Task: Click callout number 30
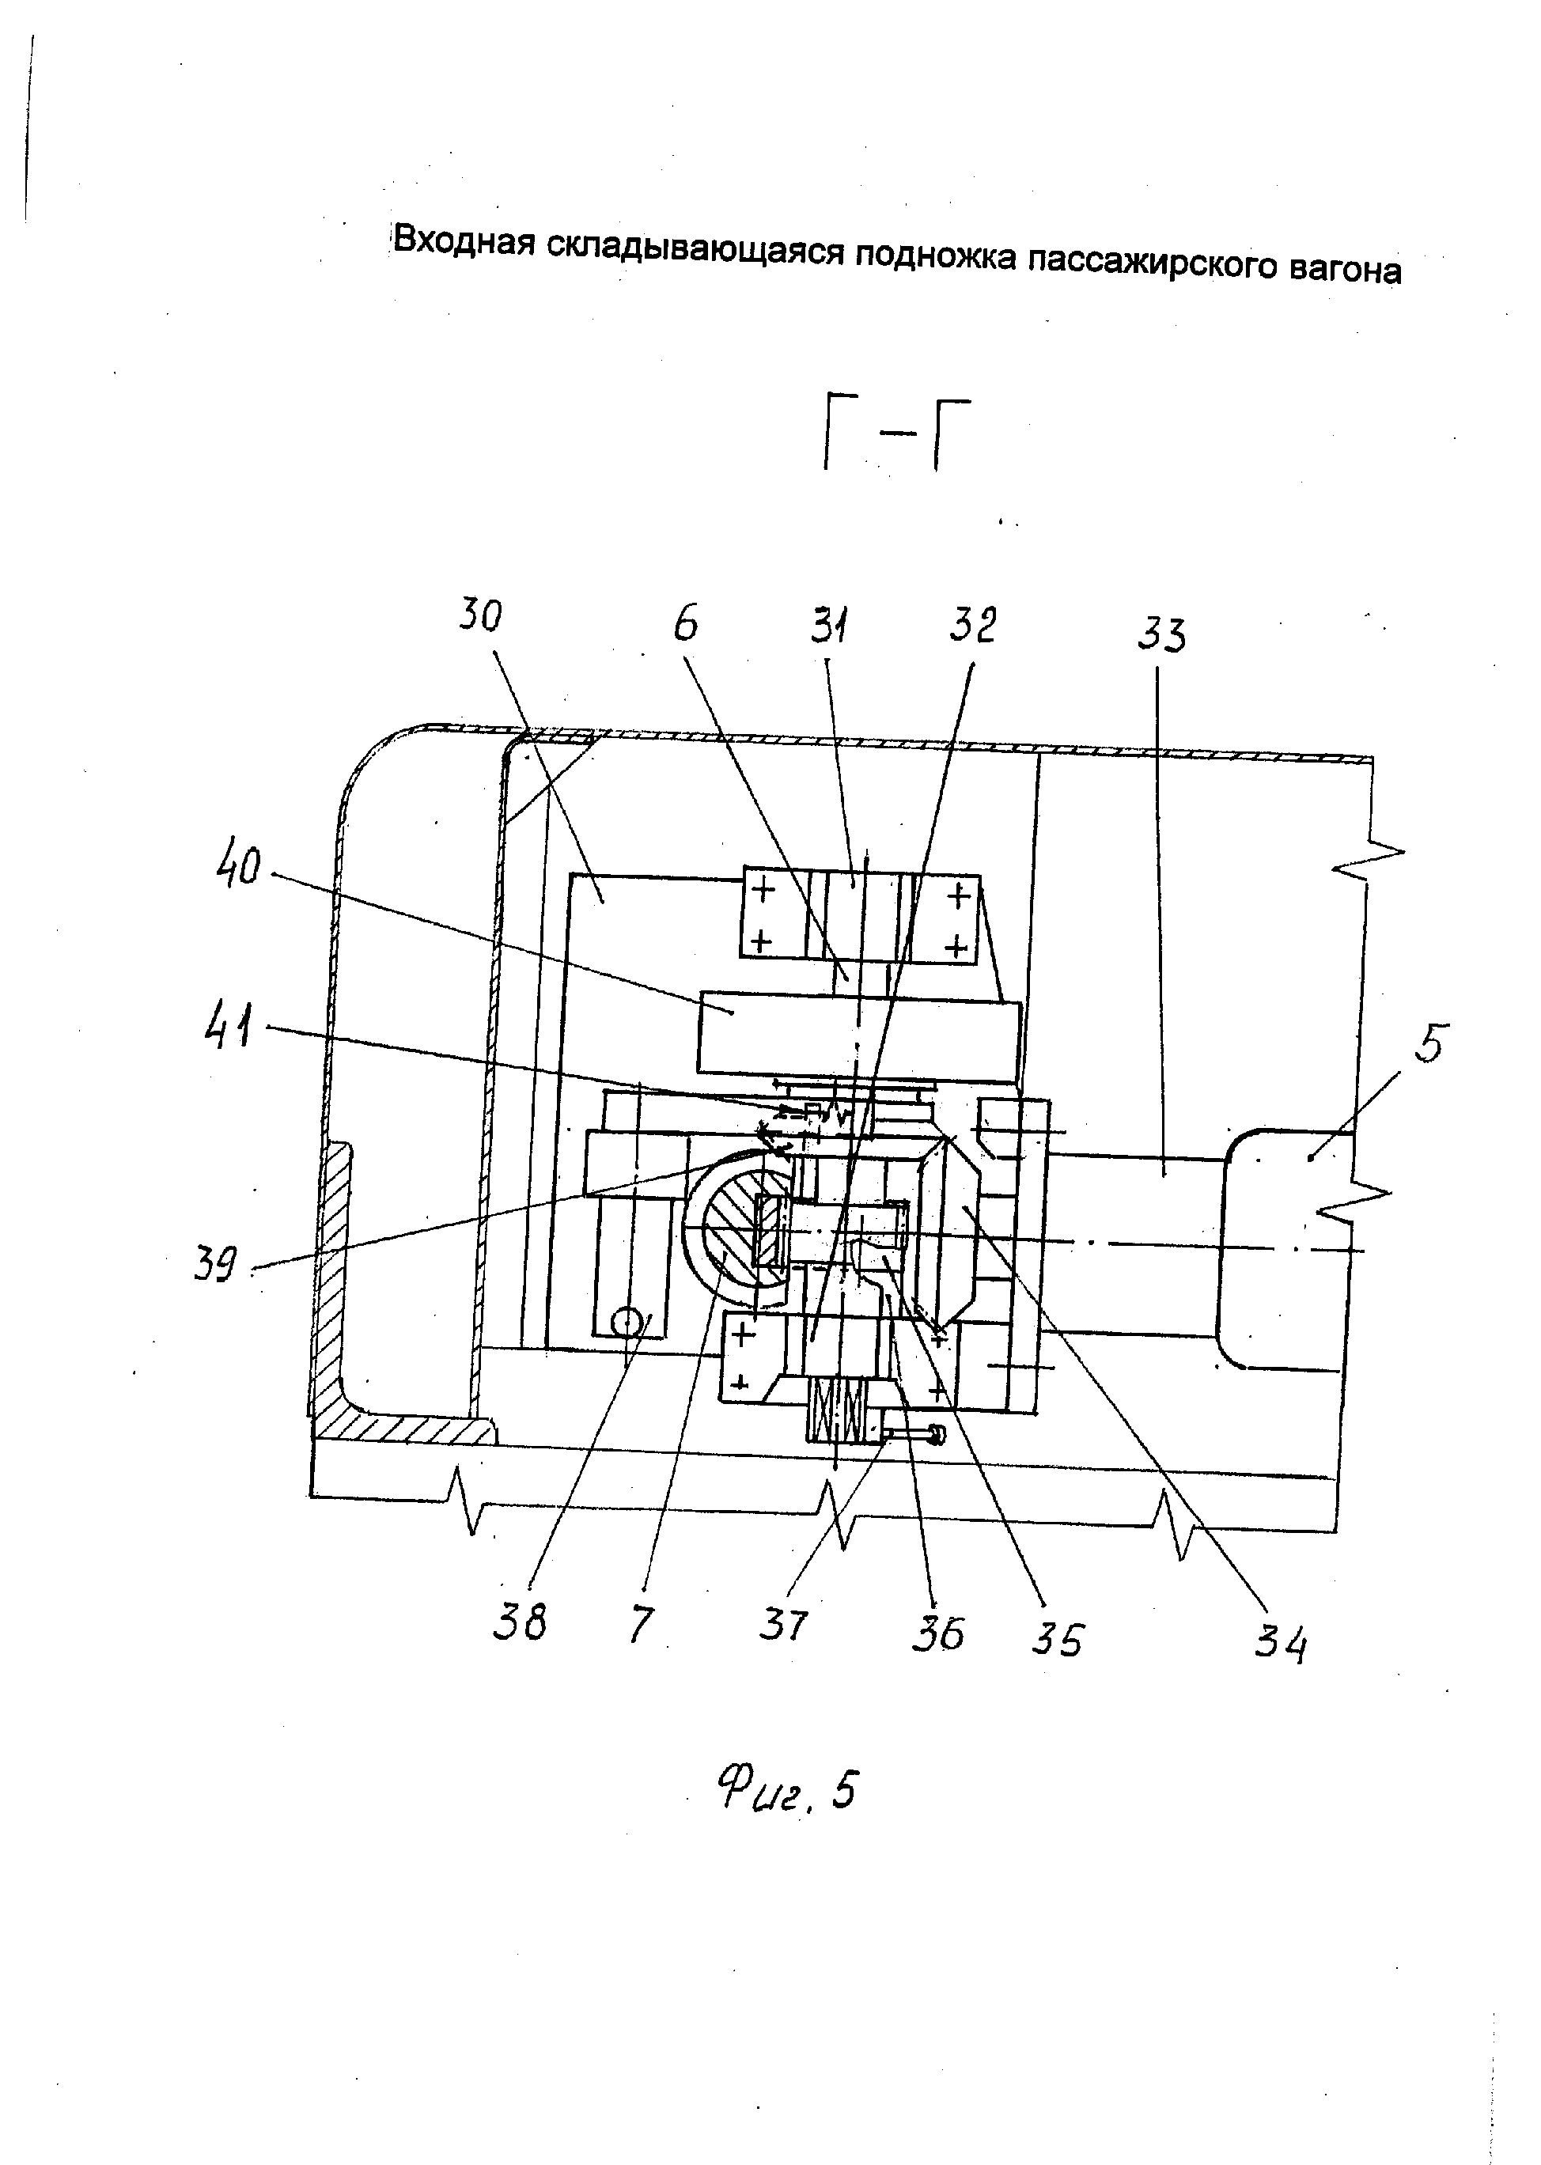click(480, 617)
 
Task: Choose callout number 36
click(937, 1632)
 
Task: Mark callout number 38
click(520, 1622)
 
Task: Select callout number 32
click(972, 626)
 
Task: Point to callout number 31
click(829, 626)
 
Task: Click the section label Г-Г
click(884, 437)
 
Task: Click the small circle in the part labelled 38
click(627, 1322)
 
